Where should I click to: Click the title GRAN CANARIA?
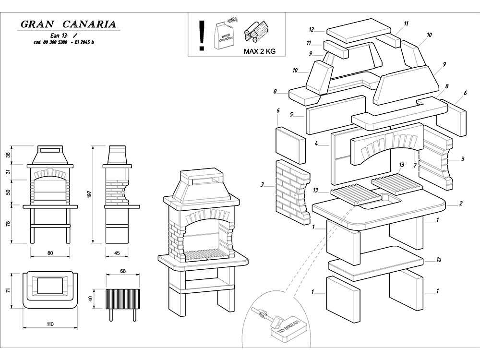[69, 24]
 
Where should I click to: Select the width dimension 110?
[50, 324]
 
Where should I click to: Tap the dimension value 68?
[122, 272]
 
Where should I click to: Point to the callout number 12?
[312, 29]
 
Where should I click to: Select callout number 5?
[291, 115]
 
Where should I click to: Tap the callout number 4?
[316, 143]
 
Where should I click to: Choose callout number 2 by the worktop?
[461, 204]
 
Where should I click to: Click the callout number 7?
[415, 166]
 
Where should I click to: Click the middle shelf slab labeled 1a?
[374, 263]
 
